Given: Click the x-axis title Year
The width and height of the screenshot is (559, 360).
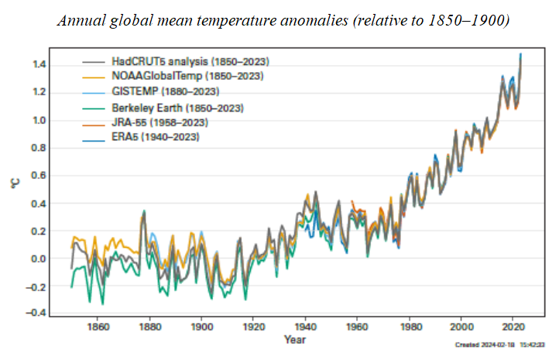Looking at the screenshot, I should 293,340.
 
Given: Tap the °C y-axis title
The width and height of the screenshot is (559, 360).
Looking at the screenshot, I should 14,184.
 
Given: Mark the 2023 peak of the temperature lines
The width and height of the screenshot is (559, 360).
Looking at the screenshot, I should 520,55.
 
